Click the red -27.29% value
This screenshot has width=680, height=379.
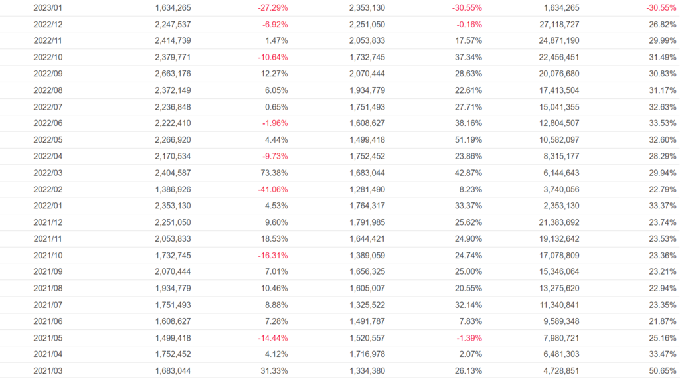[x=272, y=8]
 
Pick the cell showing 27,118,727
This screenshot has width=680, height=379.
[x=555, y=25]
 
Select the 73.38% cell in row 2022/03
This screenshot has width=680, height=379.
[x=274, y=173]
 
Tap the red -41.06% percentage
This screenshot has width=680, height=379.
[x=272, y=189]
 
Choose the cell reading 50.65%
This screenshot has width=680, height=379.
[x=663, y=370]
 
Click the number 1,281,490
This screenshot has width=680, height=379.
[x=367, y=189]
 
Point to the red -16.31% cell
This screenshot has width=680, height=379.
[x=272, y=255]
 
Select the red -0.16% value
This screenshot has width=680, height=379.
[x=469, y=25]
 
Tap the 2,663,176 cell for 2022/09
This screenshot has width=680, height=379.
[x=173, y=74]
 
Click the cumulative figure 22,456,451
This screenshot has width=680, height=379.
[x=555, y=58]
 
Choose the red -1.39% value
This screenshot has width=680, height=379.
[x=469, y=337]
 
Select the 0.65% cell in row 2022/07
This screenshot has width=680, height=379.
[x=276, y=107]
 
